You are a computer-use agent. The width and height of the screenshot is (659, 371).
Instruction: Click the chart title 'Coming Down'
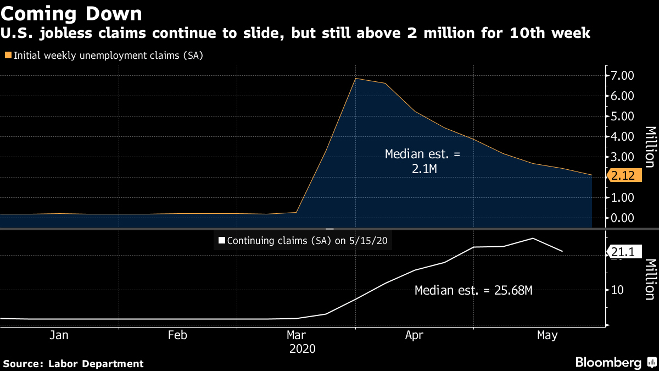pos(72,13)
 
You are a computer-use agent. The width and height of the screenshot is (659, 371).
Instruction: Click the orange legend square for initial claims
pos(8,55)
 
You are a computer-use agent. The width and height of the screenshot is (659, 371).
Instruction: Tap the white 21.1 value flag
pos(622,252)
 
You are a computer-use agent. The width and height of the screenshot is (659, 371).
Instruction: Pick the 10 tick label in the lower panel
pos(617,290)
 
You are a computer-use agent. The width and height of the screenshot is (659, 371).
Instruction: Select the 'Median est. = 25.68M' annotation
pos(473,291)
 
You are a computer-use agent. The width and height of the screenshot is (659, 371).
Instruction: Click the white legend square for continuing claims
pos(222,240)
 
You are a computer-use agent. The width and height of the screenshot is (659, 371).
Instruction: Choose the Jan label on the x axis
pos(59,335)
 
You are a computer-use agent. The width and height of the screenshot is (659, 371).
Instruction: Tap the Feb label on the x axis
pos(177,335)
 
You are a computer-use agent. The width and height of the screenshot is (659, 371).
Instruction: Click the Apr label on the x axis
pos(414,335)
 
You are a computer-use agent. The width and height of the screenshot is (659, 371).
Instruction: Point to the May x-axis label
pos(547,335)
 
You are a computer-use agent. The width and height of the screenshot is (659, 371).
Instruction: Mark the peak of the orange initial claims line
pos(356,79)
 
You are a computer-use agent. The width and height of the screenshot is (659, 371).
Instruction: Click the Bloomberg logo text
pos(608,362)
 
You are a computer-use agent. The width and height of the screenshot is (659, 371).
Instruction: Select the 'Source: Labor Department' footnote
pos(73,363)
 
